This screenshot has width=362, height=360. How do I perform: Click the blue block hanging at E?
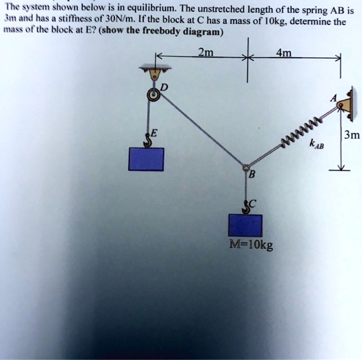click(146, 159)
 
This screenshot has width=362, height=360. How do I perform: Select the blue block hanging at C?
click(245, 225)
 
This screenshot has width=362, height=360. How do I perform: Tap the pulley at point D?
click(153, 95)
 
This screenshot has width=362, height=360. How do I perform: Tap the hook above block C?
click(245, 206)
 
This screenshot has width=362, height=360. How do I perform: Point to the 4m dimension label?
click(291, 54)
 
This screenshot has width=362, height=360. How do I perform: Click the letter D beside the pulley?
click(164, 88)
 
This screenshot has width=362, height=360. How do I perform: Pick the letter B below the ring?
click(252, 177)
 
